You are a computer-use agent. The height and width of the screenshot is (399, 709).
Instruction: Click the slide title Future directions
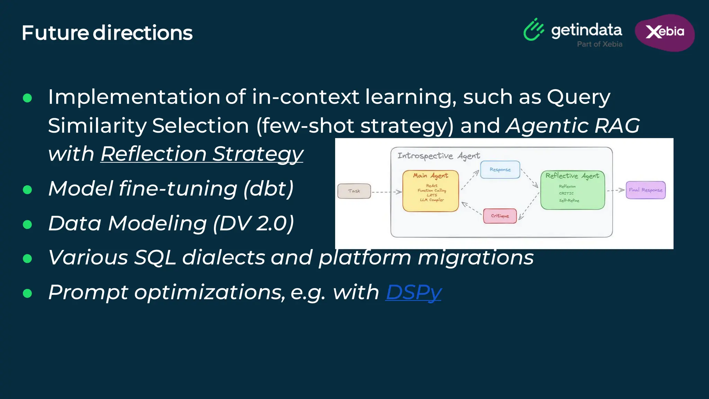(x=107, y=33)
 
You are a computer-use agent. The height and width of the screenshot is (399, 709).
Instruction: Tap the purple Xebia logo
(x=665, y=32)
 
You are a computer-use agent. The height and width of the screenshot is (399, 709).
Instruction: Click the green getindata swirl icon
(x=533, y=30)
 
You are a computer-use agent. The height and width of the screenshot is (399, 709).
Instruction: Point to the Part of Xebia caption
(x=600, y=44)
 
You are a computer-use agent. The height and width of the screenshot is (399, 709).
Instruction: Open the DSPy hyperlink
(x=413, y=292)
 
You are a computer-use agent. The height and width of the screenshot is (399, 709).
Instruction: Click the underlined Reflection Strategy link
(x=201, y=153)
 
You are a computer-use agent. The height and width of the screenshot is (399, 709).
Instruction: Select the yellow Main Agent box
(x=430, y=191)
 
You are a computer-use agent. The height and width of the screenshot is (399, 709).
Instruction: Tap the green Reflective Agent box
(x=573, y=190)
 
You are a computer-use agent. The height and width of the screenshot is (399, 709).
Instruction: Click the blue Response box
(x=500, y=169)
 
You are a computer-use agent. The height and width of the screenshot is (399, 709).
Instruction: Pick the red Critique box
(x=500, y=216)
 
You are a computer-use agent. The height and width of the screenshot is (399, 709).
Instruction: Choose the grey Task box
(x=354, y=191)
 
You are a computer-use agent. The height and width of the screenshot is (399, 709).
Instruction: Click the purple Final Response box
(x=645, y=190)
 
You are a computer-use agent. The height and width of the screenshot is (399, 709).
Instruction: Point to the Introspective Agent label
(x=438, y=156)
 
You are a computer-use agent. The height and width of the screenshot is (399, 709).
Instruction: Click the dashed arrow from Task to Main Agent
(x=386, y=192)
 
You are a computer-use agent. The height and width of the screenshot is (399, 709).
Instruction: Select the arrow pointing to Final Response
(x=616, y=190)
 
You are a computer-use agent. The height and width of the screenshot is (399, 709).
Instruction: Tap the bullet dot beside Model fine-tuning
(x=27, y=189)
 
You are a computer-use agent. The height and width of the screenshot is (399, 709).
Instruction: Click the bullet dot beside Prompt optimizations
(x=27, y=293)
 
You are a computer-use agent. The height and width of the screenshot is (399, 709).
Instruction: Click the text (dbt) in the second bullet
(x=268, y=188)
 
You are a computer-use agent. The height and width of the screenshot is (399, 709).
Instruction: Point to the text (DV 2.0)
(x=253, y=223)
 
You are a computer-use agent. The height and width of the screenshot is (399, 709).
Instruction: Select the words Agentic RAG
(x=573, y=125)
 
